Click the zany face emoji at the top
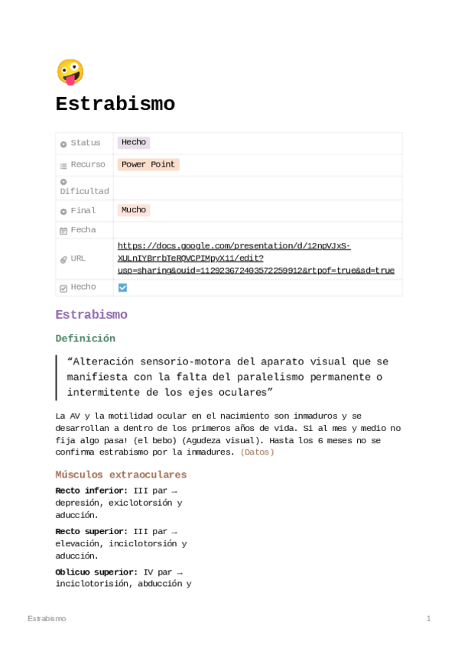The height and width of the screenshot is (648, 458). [x=70, y=72]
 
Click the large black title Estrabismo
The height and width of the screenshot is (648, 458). [x=115, y=104]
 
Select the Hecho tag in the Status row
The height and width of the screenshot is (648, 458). [x=133, y=142]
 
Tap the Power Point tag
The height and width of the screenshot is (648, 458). [x=148, y=164]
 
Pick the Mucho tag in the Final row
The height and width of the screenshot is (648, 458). [x=133, y=210]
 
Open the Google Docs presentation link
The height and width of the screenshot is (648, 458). [x=255, y=258]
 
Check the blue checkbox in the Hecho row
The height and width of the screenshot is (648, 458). [x=122, y=287]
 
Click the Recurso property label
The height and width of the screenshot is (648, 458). [x=88, y=164]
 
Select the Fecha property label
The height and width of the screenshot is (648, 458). [x=83, y=230]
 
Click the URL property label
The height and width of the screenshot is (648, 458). [x=78, y=258]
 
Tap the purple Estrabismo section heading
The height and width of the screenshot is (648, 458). [x=91, y=315]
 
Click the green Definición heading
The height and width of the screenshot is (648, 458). [x=85, y=339]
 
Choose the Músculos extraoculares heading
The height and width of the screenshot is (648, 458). [x=121, y=475]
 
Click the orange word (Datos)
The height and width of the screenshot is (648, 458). [x=257, y=452]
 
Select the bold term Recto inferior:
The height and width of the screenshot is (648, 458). [x=91, y=491]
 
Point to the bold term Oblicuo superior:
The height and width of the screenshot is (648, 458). [x=96, y=572]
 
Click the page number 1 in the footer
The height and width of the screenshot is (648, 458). [x=428, y=618]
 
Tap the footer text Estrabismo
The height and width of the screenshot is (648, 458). [x=47, y=618]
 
